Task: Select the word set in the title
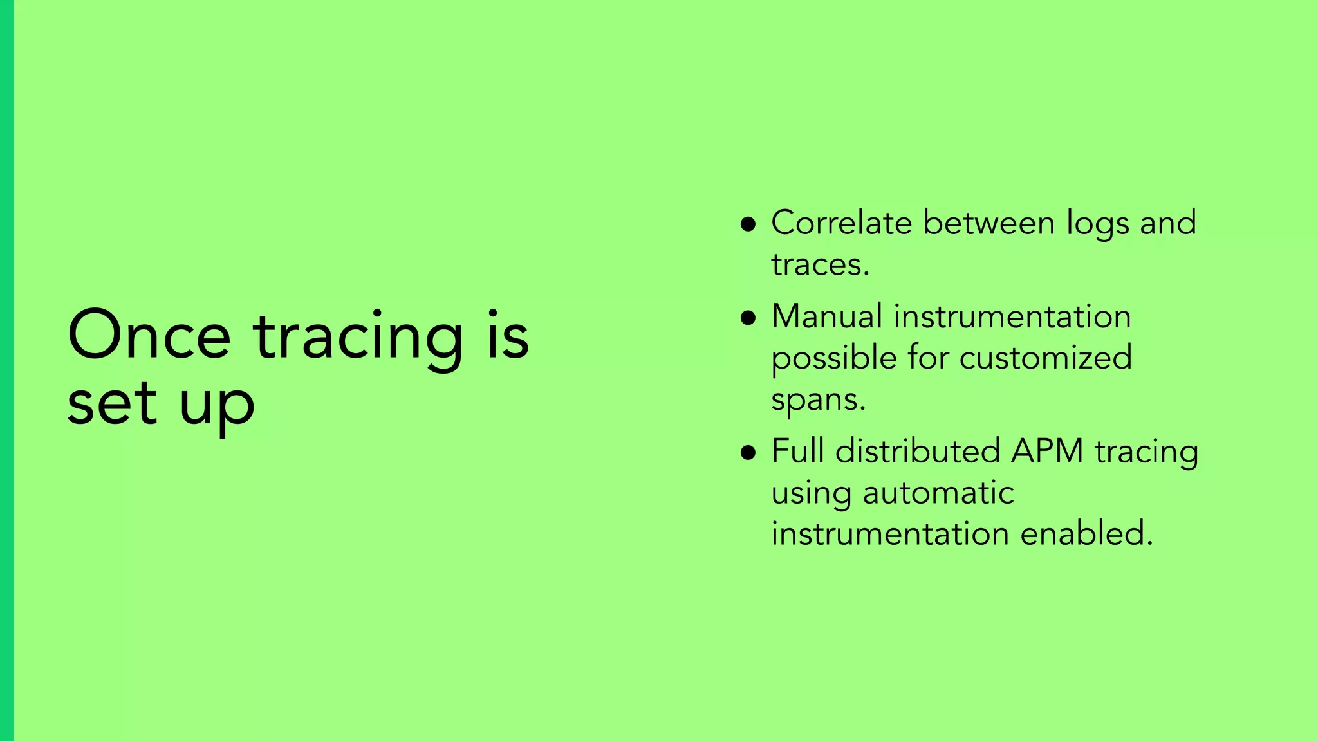[112, 404]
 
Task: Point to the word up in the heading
[217, 407]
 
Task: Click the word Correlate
[841, 223]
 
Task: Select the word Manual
[826, 316]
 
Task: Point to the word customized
[1045, 358]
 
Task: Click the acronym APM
[1047, 451]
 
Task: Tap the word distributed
[917, 451]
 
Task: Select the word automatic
[938, 493]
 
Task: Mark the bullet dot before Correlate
[748, 224]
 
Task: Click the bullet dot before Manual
[748, 318]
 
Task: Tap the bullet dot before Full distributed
[748, 452]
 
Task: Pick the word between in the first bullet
[990, 223]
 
